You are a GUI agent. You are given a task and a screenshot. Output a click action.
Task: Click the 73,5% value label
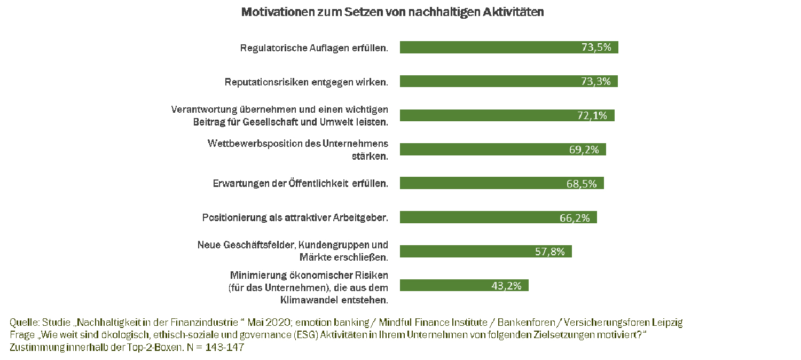point(596,48)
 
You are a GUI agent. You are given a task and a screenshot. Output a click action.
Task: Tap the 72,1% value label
point(592,115)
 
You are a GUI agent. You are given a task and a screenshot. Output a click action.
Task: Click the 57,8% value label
point(550,252)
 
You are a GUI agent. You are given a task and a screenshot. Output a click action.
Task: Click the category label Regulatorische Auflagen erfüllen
point(314,48)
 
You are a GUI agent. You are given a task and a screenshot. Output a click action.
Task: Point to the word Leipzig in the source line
point(667,323)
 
